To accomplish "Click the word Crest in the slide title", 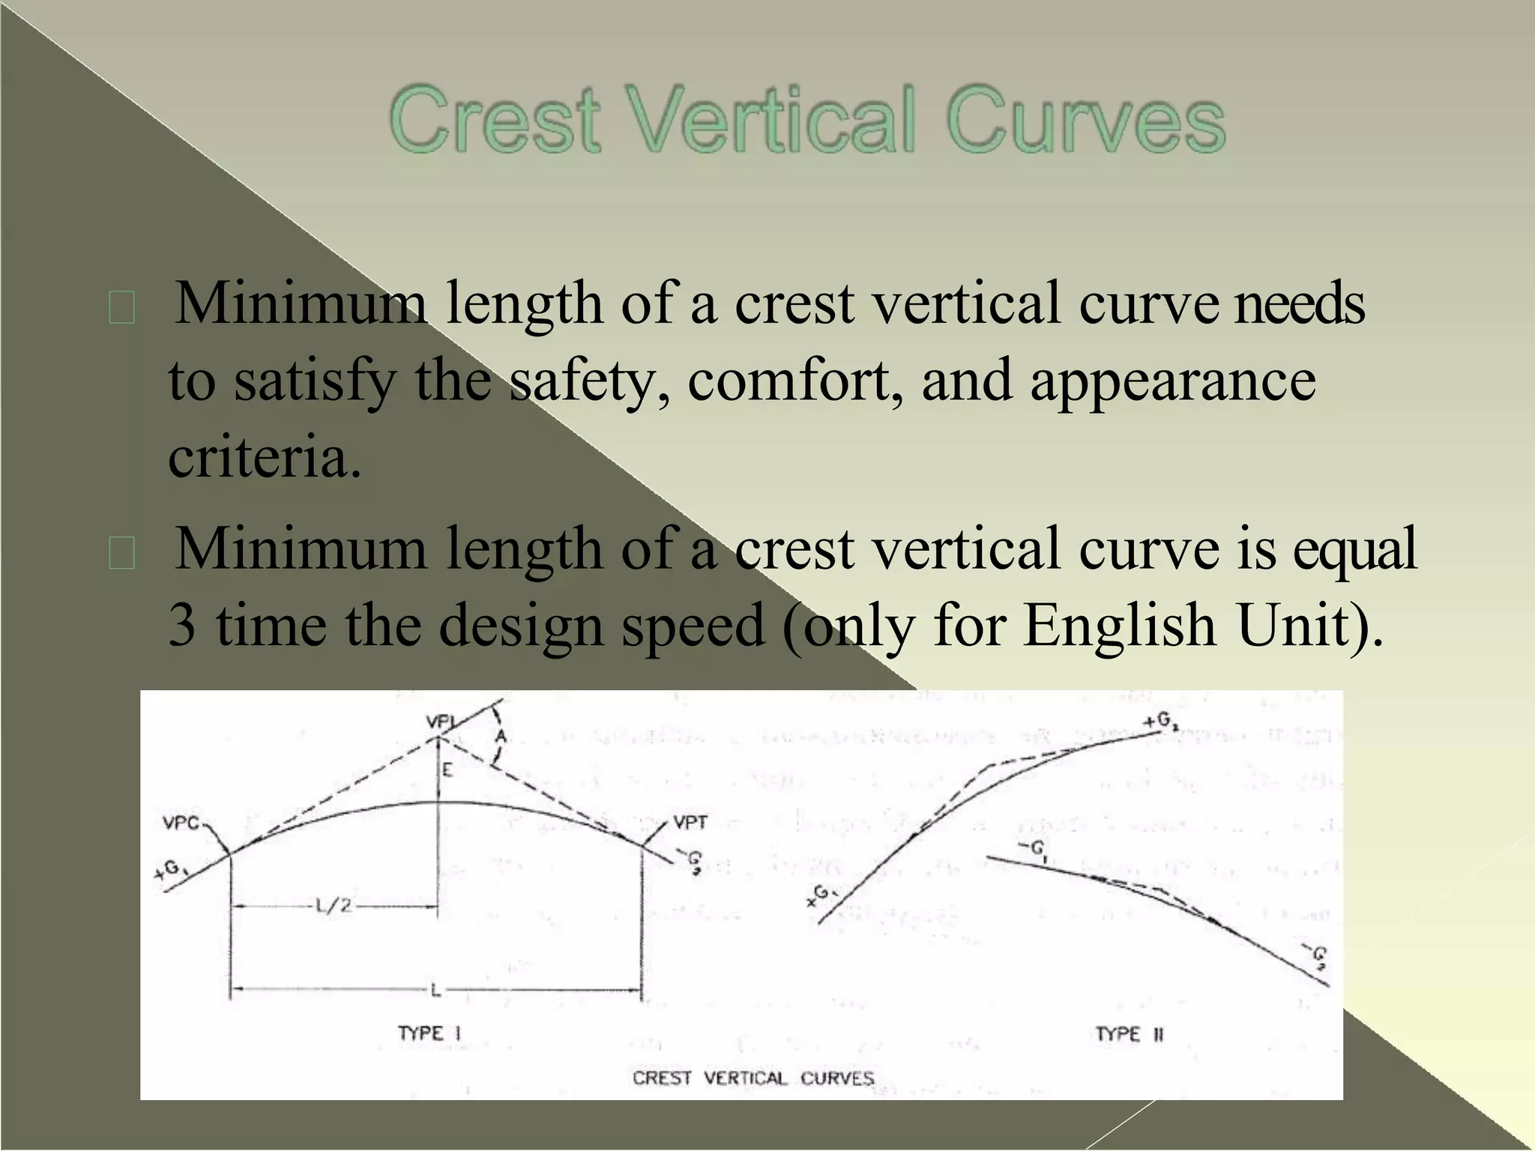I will (x=495, y=121).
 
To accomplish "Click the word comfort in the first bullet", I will (x=795, y=381).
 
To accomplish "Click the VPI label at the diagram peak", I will (x=441, y=722).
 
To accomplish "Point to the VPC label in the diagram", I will (x=181, y=824).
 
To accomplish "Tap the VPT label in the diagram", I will (x=690, y=823).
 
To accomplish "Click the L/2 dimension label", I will (x=333, y=907).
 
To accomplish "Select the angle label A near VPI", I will (x=501, y=737).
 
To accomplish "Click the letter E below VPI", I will (x=447, y=770).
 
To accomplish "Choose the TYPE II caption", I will (x=1129, y=1034).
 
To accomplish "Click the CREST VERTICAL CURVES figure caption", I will (x=753, y=1078).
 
